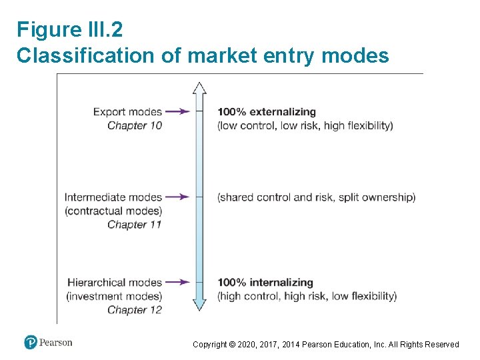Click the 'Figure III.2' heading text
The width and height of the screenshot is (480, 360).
(69, 30)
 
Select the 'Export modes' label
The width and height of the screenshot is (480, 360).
(127, 112)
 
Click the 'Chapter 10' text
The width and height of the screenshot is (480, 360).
(135, 125)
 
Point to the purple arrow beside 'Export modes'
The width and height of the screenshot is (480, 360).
(177, 112)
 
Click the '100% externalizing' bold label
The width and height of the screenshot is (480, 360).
(266, 112)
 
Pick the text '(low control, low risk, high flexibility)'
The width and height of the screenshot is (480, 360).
(305, 125)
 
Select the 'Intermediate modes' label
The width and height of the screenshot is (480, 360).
(113, 197)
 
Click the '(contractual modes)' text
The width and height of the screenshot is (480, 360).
(113, 211)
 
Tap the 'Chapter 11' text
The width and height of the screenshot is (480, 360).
(135, 225)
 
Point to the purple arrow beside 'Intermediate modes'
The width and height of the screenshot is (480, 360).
(177, 197)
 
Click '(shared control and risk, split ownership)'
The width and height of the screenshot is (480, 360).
(316, 197)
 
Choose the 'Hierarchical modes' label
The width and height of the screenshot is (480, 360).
(114, 283)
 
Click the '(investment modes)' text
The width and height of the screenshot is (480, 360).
(114, 296)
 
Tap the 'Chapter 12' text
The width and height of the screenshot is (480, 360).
(135, 310)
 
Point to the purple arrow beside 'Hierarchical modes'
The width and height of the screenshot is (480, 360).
(177, 283)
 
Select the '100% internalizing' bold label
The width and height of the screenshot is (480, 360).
(265, 283)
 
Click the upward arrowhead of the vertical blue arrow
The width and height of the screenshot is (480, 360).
(199, 89)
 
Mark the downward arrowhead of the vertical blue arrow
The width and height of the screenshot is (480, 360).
(199, 304)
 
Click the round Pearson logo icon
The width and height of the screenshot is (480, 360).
(31, 343)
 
